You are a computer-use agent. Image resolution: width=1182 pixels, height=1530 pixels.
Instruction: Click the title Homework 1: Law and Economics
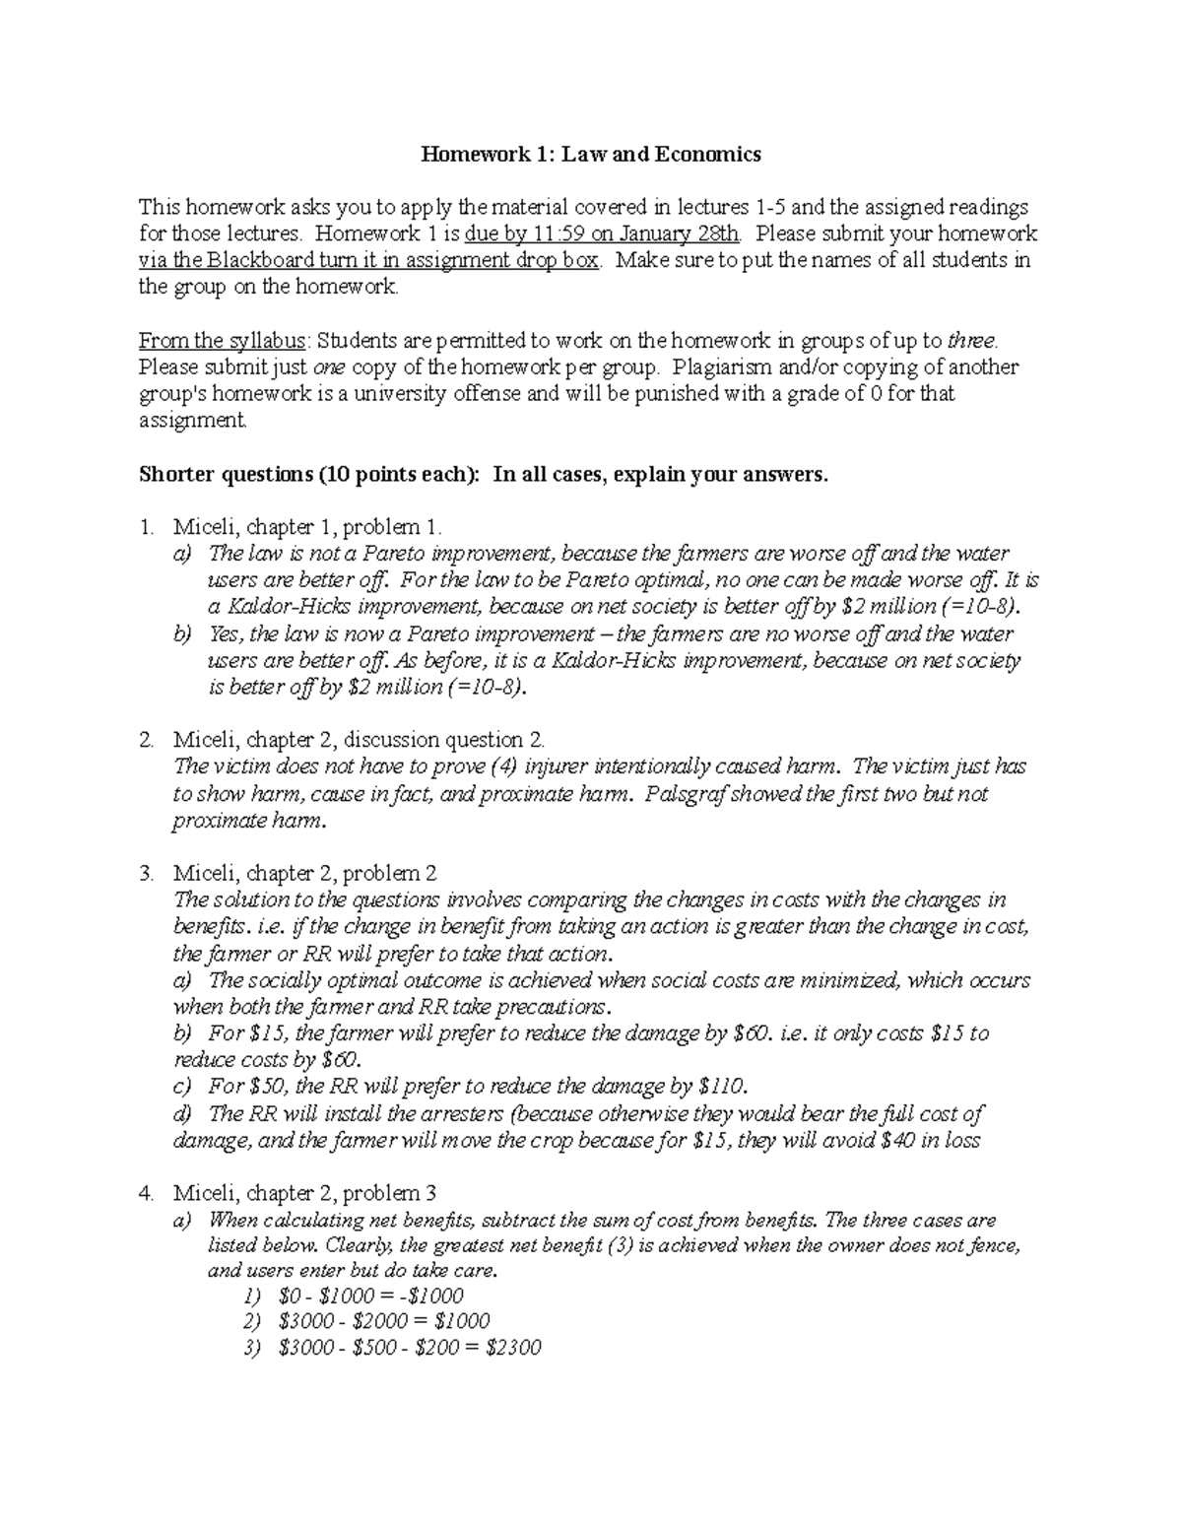tap(591, 154)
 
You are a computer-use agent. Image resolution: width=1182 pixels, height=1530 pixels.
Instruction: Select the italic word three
tap(971, 341)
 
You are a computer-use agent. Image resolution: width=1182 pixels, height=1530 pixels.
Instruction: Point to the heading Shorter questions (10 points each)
tap(307, 474)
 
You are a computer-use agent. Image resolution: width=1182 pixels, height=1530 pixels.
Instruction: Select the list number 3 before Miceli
tap(146, 873)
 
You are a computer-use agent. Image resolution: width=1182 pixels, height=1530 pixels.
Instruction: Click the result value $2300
tap(513, 1348)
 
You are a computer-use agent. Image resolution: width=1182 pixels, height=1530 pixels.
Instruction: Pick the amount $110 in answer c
tap(722, 1087)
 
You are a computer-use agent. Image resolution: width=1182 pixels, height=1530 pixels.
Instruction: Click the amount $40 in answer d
tap(881, 1140)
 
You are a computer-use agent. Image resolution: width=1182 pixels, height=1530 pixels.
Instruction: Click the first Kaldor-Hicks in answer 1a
tap(280, 606)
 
